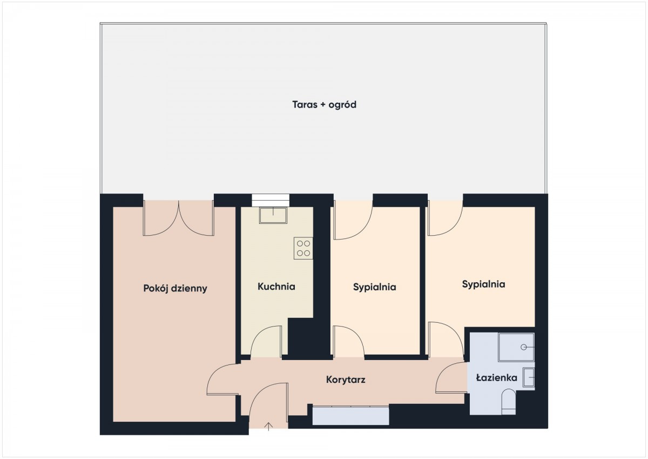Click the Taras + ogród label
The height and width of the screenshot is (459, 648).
324,104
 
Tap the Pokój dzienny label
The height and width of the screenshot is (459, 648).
175,289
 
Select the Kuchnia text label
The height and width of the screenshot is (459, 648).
276,287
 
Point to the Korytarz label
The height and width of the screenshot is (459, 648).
346,380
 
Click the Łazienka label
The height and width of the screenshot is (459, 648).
496,377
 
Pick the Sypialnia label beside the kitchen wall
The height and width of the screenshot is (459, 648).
374,287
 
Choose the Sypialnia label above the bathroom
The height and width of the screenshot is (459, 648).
483,284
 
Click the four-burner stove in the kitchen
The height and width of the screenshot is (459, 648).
303,248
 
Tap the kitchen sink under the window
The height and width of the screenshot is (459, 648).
273,215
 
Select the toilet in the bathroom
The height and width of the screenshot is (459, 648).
508,402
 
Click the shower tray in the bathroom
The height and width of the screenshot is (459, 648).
516,347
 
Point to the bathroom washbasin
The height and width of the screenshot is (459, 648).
529,377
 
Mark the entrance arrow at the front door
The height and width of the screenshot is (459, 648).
269,427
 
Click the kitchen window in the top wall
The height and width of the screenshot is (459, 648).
271,200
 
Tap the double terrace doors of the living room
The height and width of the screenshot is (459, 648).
179,218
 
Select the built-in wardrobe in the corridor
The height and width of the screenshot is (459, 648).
350,416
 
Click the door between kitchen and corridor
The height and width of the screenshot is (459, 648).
266,342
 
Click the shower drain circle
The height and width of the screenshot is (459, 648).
524,347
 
